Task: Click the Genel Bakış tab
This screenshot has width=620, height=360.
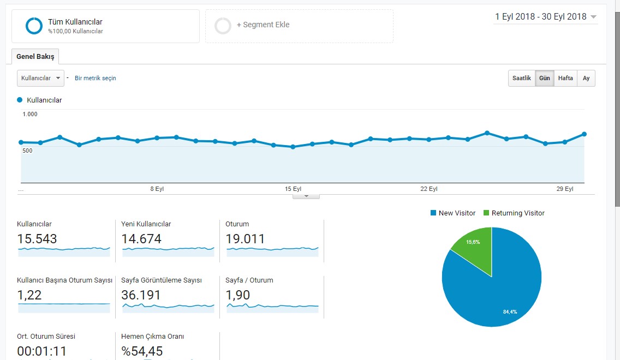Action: pos(35,57)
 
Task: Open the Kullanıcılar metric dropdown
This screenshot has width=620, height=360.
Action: pos(40,78)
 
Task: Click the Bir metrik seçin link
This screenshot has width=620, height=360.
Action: pos(96,78)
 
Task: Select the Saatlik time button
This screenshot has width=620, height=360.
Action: pos(522,78)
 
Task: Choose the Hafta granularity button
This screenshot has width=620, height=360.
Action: pos(565,78)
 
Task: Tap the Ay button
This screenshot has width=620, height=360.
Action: pos(586,78)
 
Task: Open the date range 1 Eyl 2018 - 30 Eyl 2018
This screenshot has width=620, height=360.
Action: pos(545,16)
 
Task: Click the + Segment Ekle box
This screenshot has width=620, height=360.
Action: pos(299,26)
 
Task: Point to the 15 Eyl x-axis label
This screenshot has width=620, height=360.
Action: pos(293,189)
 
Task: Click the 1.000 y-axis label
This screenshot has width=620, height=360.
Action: pos(30,114)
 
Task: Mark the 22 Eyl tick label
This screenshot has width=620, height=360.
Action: pos(428,189)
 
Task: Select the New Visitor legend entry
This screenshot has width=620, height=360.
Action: pos(453,213)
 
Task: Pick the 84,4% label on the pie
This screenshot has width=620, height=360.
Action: pos(510,312)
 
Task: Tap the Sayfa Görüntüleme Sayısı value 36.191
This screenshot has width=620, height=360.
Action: pos(141,295)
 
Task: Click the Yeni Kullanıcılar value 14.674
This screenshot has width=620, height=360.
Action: pos(141,239)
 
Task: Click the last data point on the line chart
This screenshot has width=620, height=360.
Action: pos(585,134)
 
